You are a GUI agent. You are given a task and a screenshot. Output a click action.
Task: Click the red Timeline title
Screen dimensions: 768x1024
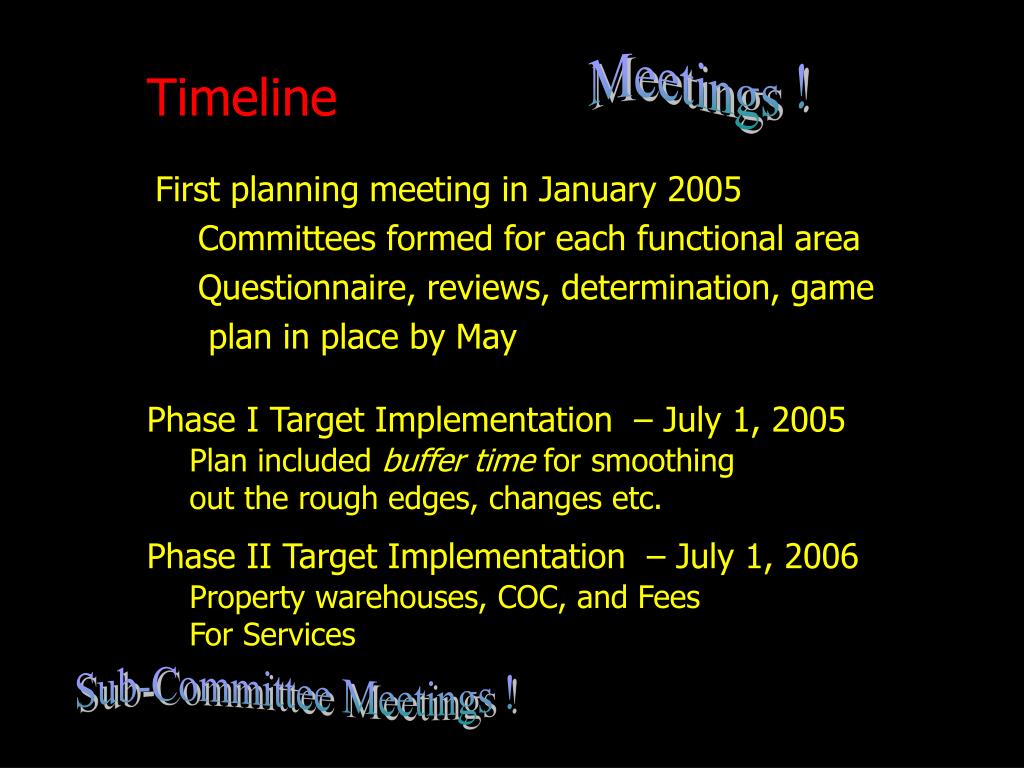tap(242, 98)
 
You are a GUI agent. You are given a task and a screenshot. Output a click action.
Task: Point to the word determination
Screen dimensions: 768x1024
tap(670, 289)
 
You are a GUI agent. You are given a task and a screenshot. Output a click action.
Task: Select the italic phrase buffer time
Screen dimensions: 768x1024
tap(459, 461)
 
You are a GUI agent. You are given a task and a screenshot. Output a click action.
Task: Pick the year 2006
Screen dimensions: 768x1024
tap(821, 556)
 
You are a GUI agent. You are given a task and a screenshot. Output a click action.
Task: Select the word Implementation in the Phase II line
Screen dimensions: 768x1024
tap(505, 556)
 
